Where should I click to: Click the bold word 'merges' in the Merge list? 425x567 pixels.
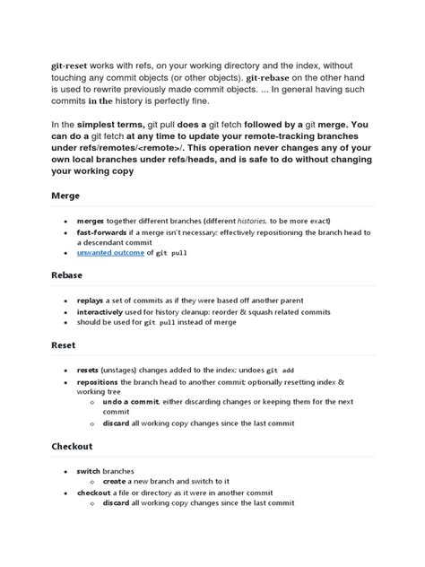tap(90, 219)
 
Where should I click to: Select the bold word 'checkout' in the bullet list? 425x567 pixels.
tap(93, 492)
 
